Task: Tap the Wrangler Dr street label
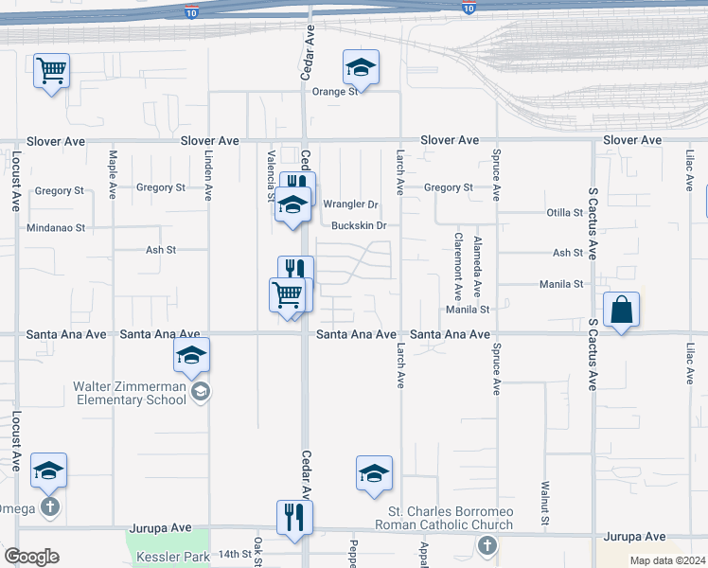coord(350,204)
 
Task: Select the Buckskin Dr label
coord(360,225)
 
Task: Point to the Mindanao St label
coord(56,228)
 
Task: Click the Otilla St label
coord(564,213)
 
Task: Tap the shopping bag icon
coord(621,311)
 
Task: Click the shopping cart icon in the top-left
coord(52,71)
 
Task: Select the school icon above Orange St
coord(361,67)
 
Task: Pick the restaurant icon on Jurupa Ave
coord(294,518)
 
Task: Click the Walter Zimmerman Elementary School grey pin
coord(200,392)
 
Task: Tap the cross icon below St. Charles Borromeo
coord(487,545)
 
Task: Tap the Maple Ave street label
coord(113,174)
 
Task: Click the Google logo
coord(31,557)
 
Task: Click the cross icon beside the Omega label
coord(50,507)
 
